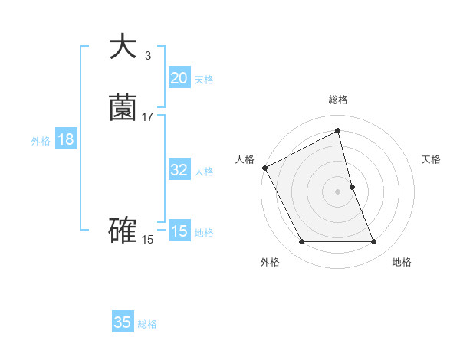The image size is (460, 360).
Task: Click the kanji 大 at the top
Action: (x=123, y=47)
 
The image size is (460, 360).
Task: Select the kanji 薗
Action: (x=123, y=108)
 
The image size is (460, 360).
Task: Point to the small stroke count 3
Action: (x=147, y=55)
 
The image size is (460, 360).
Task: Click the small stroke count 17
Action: (x=148, y=116)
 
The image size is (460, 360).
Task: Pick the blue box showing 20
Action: (x=179, y=78)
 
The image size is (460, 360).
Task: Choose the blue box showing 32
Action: (x=179, y=170)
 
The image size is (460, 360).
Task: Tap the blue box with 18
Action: (x=65, y=139)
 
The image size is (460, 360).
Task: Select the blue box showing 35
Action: (x=123, y=322)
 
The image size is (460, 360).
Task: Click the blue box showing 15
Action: (x=179, y=231)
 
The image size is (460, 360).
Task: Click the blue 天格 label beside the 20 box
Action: (x=204, y=80)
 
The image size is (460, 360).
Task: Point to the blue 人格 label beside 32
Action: (x=204, y=172)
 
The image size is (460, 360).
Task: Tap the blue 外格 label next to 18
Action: (x=41, y=141)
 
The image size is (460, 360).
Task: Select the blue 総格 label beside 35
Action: (x=147, y=324)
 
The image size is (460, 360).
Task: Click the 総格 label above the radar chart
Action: (x=338, y=100)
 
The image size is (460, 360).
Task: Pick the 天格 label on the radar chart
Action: (x=432, y=159)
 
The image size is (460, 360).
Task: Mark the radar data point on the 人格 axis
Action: (x=264, y=168)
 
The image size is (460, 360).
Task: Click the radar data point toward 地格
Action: (x=374, y=242)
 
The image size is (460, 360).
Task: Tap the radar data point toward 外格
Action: (x=301, y=242)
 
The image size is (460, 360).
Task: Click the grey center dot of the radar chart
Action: (x=338, y=191)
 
